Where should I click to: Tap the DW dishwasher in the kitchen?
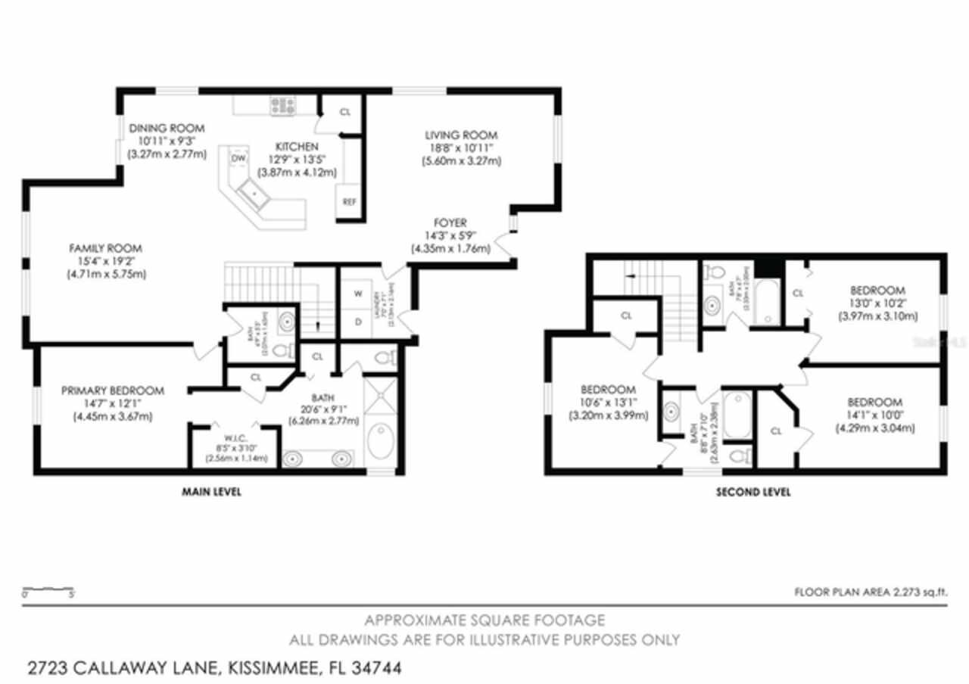[x=238, y=158]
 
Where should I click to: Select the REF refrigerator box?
[x=349, y=202]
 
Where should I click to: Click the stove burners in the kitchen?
[x=282, y=106]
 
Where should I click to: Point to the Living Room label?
[x=461, y=135]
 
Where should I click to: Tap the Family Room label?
[x=105, y=248]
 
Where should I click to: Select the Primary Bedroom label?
[x=112, y=390]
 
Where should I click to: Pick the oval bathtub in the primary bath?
[x=381, y=440]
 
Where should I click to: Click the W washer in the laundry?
[x=357, y=293]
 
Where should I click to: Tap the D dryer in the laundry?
[x=357, y=320]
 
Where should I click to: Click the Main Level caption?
[x=211, y=492]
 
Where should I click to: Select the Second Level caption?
[x=753, y=492]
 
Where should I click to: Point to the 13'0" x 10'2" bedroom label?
[x=877, y=291]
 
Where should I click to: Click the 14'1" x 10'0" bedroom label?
[x=874, y=402]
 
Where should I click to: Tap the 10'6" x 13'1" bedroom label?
[x=609, y=390]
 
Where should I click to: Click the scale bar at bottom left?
[x=48, y=589]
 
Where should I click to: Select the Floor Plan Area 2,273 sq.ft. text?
[x=871, y=592]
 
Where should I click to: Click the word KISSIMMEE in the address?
[x=270, y=668]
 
